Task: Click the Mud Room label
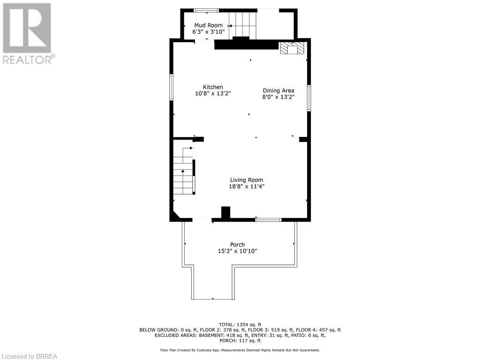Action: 209,25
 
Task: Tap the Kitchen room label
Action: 213,87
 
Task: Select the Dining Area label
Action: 278,90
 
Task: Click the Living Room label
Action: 247,180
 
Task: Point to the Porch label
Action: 238,245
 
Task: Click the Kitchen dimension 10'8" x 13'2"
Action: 213,93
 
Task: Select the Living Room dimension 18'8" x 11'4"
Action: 247,187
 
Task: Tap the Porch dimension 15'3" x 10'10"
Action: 238,251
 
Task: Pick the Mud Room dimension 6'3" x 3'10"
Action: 209,32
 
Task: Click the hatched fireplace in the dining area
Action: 292,48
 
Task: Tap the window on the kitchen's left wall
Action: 172,87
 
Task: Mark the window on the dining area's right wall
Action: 309,98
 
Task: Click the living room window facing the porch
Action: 269,219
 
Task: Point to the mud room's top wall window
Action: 206,10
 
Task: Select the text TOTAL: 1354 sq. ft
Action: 240,324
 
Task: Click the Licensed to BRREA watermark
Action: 29,356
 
